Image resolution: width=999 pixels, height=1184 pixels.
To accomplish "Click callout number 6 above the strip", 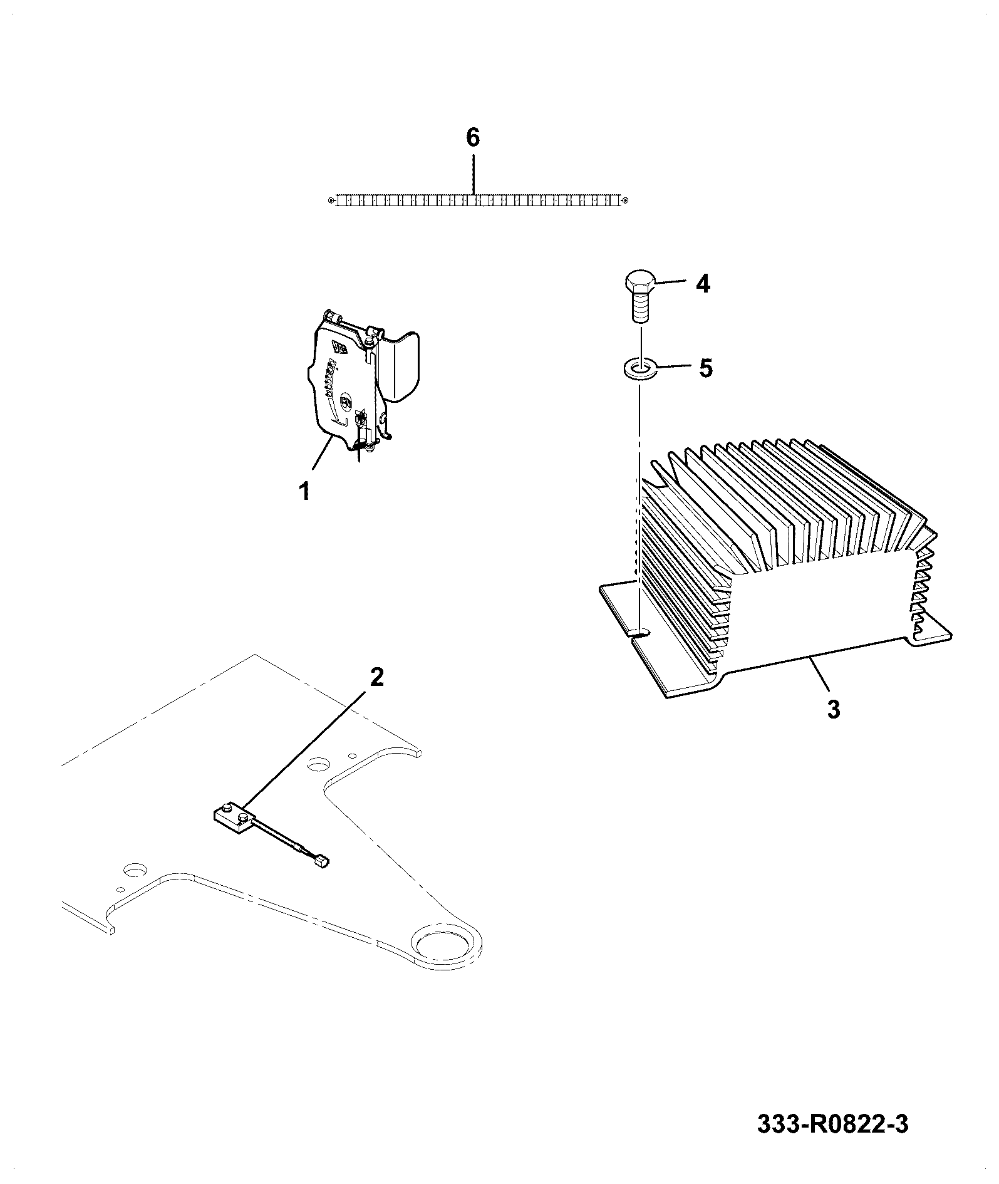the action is pos(473,137).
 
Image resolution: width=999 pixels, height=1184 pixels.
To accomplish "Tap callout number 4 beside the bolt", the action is pos(703,284).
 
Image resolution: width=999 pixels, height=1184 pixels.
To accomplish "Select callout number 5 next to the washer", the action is pos(706,368).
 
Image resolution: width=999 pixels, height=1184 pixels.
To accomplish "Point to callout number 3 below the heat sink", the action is pos(833,710).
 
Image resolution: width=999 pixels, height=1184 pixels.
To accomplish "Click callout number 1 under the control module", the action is pos(304,491).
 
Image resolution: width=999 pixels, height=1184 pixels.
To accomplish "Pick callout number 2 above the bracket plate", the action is pos(376,677).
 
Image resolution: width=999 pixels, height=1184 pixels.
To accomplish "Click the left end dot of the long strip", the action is pos(331,200).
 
